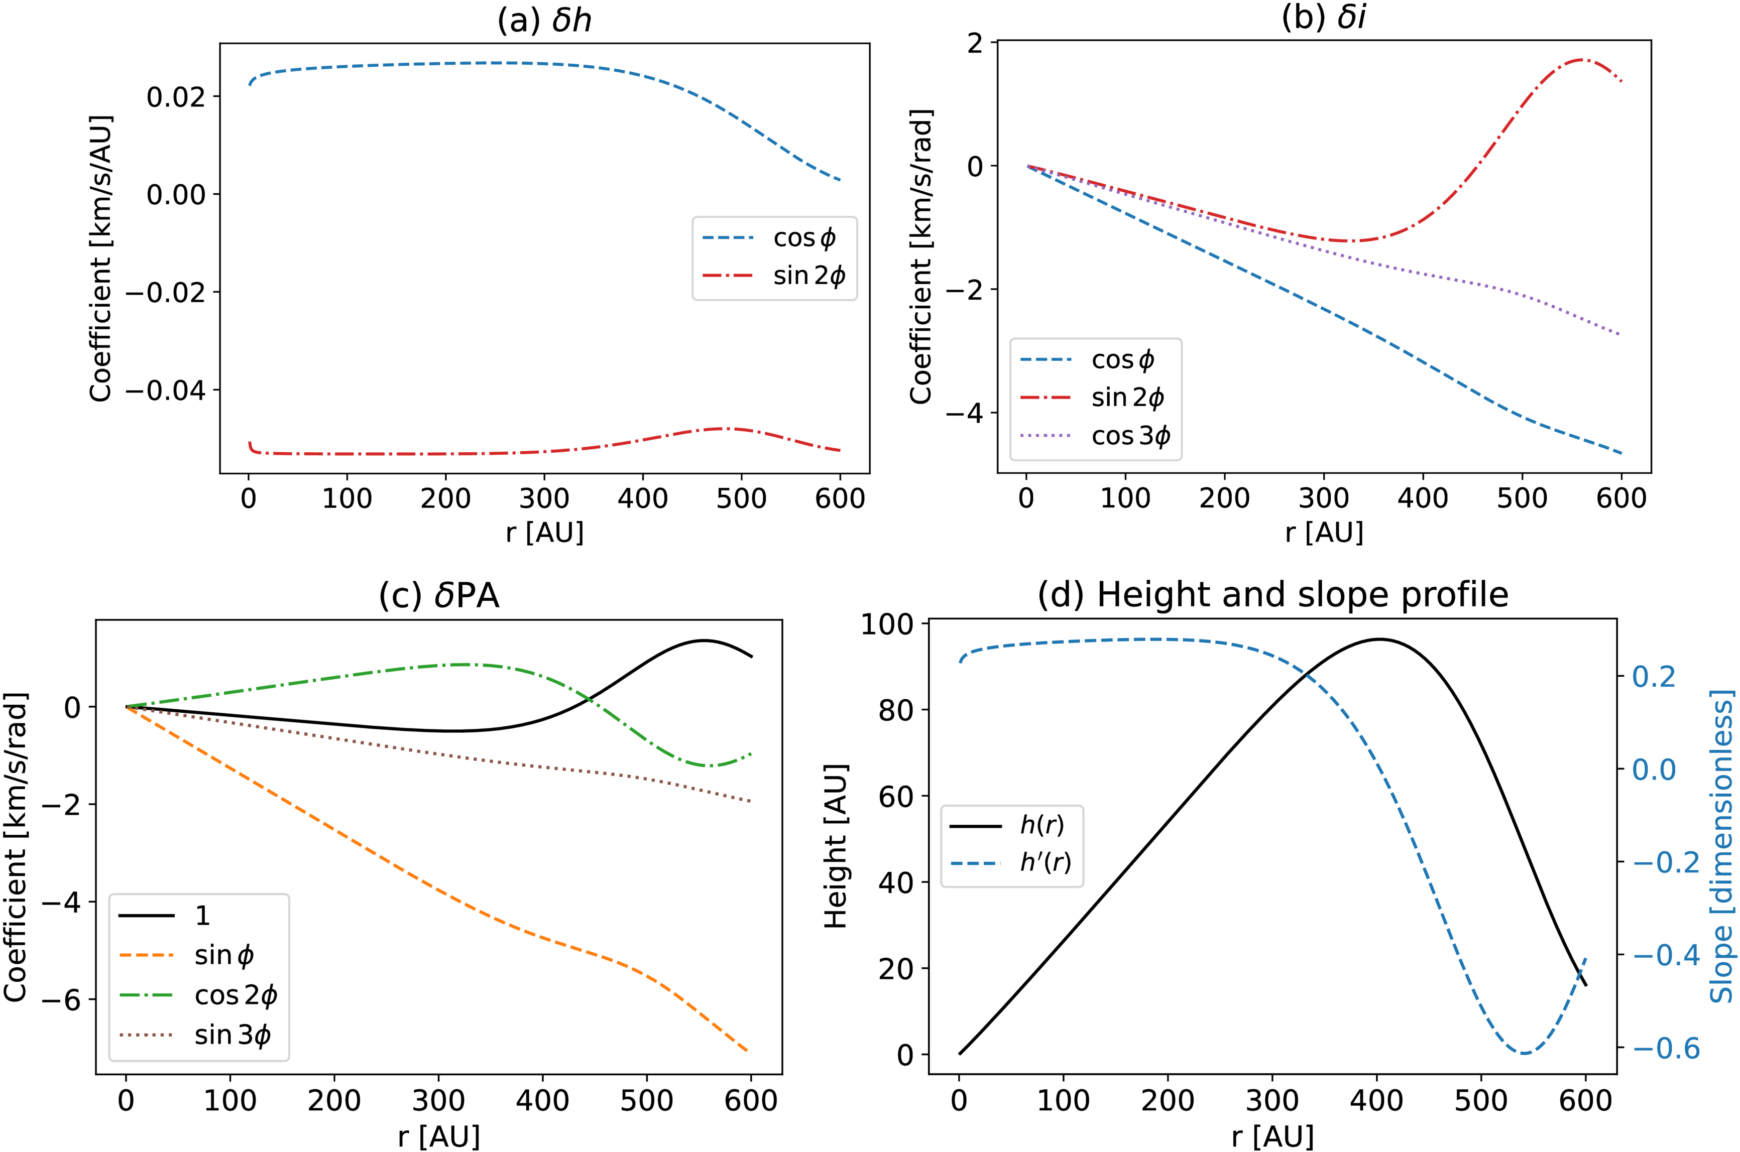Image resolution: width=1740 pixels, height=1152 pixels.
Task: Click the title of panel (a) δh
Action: [x=544, y=20]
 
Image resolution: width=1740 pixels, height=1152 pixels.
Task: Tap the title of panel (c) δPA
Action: [x=439, y=595]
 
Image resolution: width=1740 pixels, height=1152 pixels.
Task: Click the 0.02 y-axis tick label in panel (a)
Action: [x=176, y=96]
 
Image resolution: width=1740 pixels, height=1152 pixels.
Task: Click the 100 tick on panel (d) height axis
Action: [x=887, y=624]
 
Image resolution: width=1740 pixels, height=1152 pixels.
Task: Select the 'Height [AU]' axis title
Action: [x=836, y=846]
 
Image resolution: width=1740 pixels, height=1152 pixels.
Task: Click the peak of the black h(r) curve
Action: [x=1378, y=639]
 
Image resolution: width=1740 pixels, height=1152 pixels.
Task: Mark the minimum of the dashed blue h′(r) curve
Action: [x=1525, y=1053]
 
